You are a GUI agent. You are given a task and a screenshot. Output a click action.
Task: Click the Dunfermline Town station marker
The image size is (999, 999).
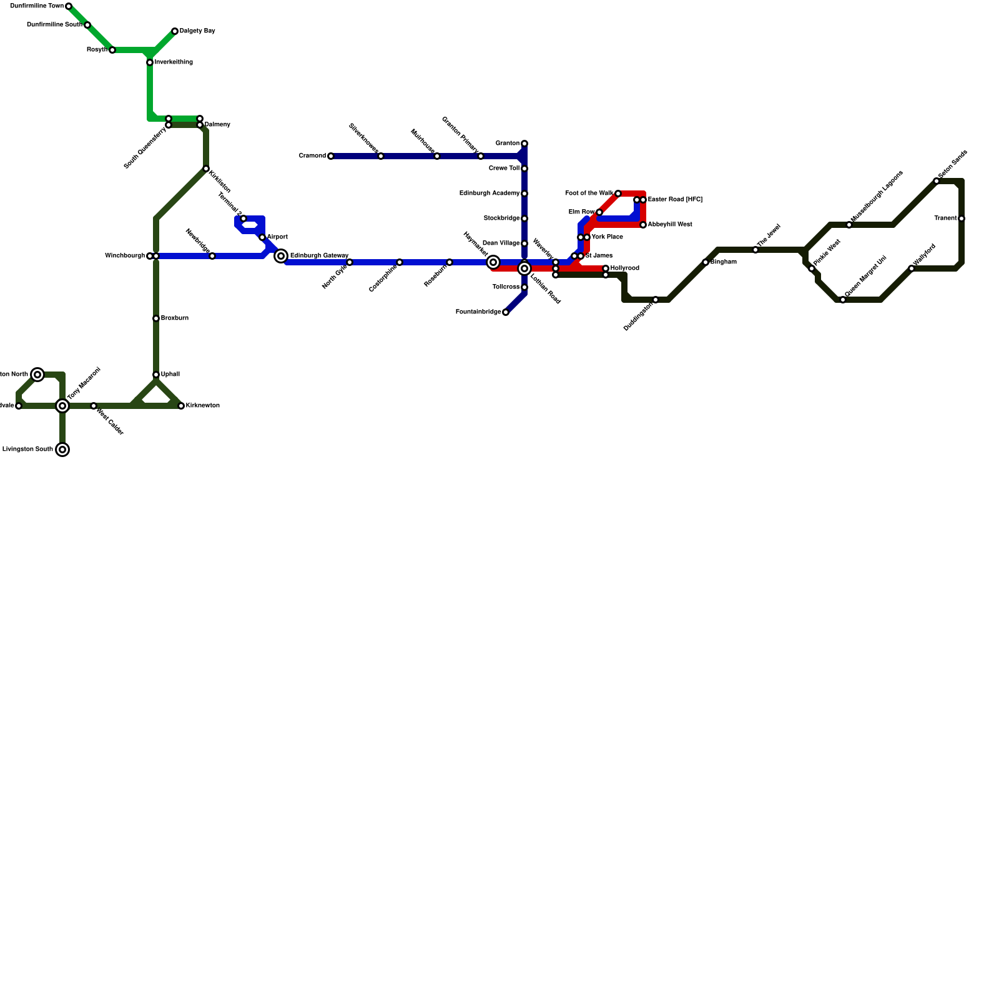pyautogui.click(x=69, y=6)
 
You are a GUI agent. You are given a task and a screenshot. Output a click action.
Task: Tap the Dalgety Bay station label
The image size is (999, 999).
pyautogui.click(x=197, y=31)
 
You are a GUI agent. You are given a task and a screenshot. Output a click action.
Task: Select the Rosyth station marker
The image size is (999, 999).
pyautogui.click(x=112, y=50)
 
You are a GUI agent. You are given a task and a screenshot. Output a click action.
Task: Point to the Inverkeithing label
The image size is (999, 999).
pyautogui.click(x=174, y=62)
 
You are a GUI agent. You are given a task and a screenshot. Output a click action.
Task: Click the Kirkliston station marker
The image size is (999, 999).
pyautogui.click(x=206, y=169)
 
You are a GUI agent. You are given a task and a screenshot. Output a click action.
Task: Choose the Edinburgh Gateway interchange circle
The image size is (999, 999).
pyautogui.click(x=281, y=256)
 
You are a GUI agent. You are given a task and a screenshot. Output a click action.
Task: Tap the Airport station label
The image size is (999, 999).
pyautogui.click(x=277, y=237)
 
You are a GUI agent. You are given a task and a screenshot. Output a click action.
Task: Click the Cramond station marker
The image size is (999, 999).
pyautogui.click(x=331, y=156)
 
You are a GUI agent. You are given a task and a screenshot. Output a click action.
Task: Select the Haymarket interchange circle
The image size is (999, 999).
pyautogui.click(x=493, y=262)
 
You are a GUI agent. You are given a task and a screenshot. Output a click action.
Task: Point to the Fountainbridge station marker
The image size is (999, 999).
pyautogui.click(x=506, y=312)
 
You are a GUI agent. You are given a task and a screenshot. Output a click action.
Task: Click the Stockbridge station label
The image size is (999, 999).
pyautogui.click(x=501, y=219)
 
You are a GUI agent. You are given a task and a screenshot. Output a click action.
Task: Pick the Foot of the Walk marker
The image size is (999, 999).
pyautogui.click(x=618, y=194)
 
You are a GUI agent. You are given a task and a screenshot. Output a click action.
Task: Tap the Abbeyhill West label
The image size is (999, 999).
pyautogui.click(x=670, y=225)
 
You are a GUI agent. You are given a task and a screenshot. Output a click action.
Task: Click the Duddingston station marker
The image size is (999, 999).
pyautogui.click(x=656, y=300)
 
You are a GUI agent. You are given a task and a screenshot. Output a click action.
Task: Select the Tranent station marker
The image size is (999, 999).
pyautogui.click(x=962, y=219)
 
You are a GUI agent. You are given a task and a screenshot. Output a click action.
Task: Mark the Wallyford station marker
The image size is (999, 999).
pyautogui.click(x=912, y=268)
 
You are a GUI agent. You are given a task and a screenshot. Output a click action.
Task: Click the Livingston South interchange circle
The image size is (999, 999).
pyautogui.click(x=62, y=450)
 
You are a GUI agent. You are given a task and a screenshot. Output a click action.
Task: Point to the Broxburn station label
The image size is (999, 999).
pyautogui.click(x=175, y=318)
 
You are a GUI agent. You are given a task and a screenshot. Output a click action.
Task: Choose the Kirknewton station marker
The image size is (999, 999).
pyautogui.click(x=181, y=406)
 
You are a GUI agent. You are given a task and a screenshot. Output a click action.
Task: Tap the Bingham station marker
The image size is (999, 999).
pyautogui.click(x=706, y=262)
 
